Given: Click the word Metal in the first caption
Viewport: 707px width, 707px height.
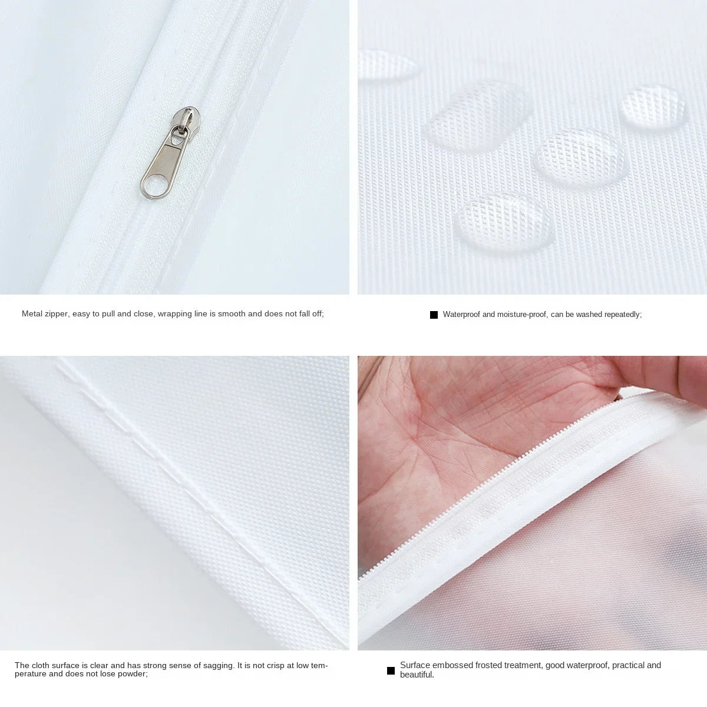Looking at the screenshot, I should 31,314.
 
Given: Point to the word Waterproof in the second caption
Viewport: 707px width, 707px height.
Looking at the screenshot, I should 461,315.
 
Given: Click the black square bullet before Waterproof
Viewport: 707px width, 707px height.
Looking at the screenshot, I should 434,315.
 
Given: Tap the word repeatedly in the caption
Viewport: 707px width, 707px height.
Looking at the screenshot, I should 621,315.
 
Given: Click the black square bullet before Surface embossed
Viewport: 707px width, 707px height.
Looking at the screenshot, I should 391,670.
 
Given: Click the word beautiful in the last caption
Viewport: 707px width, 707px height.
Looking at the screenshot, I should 417,675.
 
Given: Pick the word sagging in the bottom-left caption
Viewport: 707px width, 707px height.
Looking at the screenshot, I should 216,666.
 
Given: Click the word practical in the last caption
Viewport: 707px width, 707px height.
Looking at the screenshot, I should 629,665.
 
